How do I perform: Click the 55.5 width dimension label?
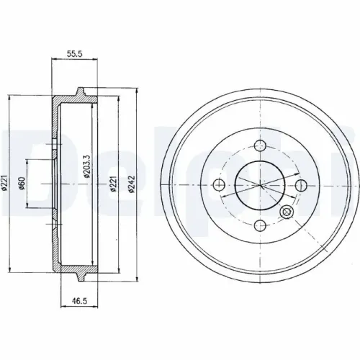[74, 54]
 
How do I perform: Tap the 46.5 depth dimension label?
[79, 301]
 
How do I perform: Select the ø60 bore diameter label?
[22, 183]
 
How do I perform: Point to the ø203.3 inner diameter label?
[86, 166]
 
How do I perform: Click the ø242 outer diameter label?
[132, 184]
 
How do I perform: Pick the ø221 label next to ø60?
[6, 183]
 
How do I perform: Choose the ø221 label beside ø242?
[113, 184]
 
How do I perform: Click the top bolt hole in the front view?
[261, 145]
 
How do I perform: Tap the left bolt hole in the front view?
[219, 184]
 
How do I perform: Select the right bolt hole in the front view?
[301, 185]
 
